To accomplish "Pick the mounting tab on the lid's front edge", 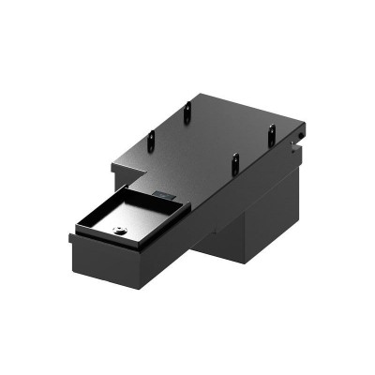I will (236, 162).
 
